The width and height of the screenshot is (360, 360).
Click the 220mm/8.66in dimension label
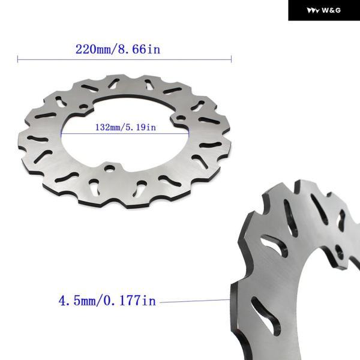[118, 49]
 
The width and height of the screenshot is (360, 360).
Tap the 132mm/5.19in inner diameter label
[125, 127]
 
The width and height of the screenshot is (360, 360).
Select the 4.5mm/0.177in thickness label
[107, 301]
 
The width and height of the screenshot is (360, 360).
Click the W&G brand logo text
[331, 10]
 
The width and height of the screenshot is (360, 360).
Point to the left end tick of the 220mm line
[17, 59]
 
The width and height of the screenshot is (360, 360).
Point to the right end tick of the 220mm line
[231, 59]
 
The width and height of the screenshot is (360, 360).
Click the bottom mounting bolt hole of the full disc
[109, 169]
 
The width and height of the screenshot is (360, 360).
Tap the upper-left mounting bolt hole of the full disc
[83, 107]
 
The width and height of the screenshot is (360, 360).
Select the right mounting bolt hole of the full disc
[181, 118]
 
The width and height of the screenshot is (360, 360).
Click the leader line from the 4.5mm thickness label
[195, 301]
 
